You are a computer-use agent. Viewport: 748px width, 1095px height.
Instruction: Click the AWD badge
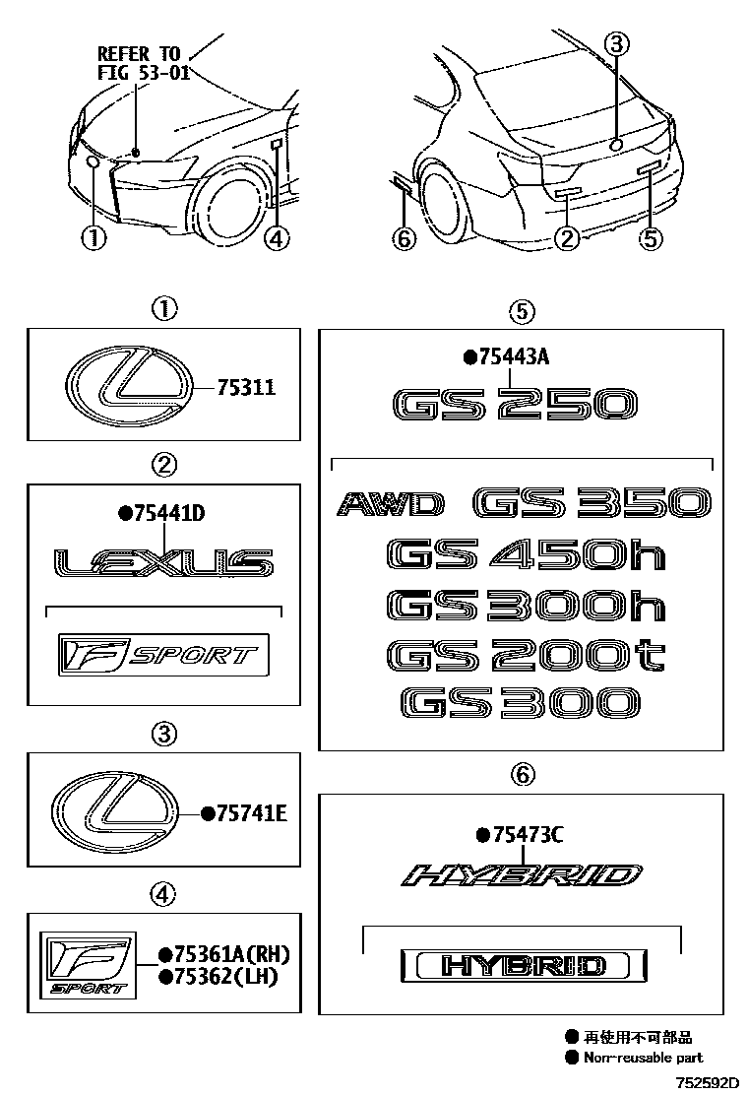(390, 505)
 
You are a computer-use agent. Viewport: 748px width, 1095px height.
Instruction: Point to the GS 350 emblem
(591, 504)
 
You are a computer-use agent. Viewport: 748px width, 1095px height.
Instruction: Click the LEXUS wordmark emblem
(163, 563)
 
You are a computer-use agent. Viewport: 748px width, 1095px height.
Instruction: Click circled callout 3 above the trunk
(616, 43)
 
